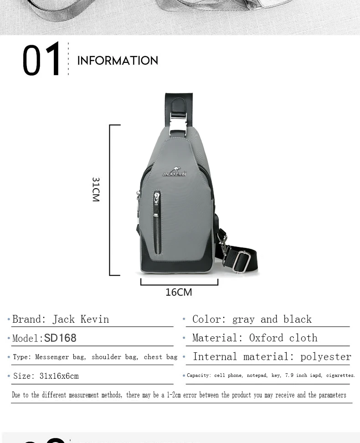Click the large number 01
[42, 59]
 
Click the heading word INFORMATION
[118, 61]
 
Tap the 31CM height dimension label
[96, 189]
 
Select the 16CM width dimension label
[179, 292]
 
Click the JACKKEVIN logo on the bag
[175, 172]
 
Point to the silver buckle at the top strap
[178, 124]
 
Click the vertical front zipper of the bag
[157, 223]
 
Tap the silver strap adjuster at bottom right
[242, 262]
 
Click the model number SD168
[60, 338]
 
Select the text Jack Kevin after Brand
[81, 319]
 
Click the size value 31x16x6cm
[59, 376]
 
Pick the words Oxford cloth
[283, 338]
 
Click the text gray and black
[272, 319]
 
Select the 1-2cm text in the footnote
[173, 395]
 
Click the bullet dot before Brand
[9, 319]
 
